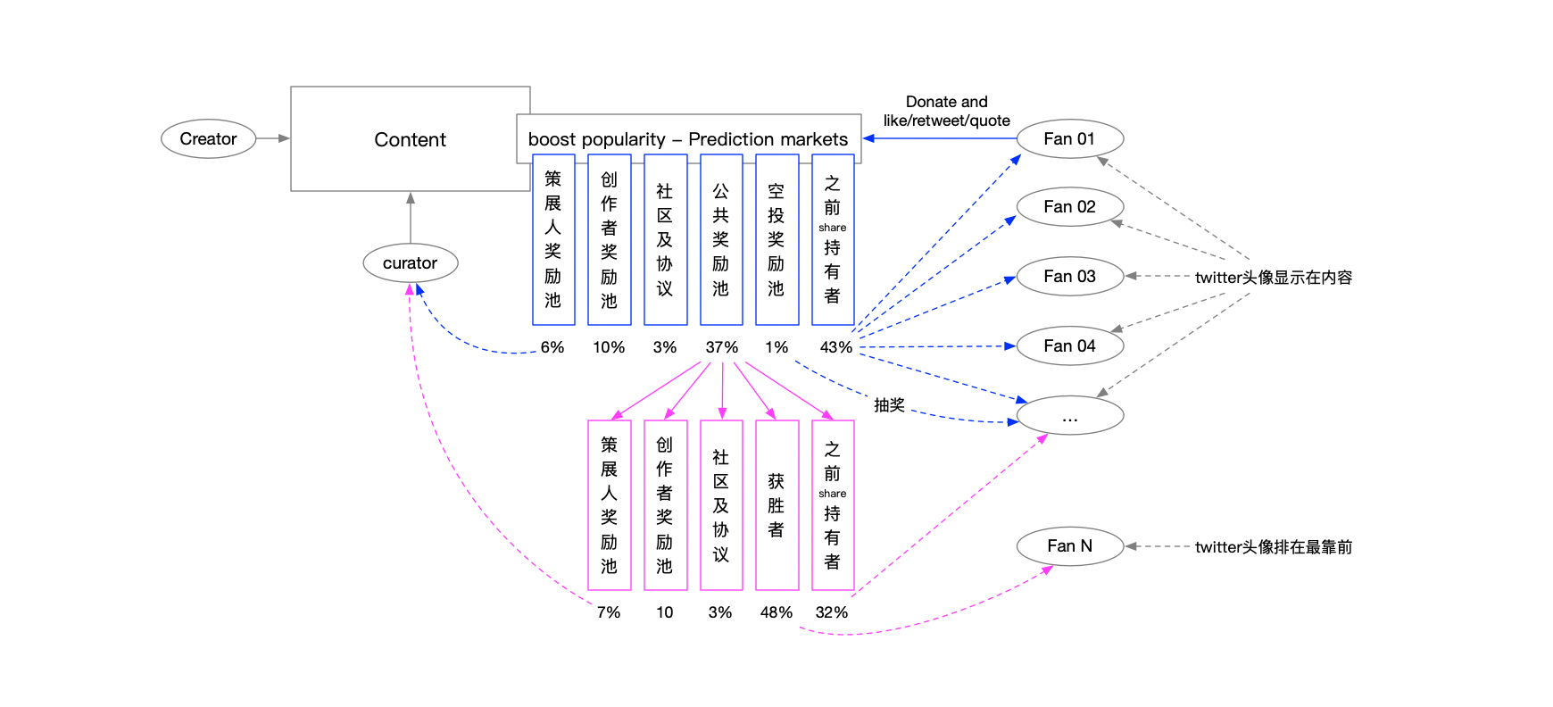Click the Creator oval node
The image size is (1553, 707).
208,138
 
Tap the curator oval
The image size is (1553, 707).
411,262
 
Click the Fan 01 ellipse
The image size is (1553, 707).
1069,138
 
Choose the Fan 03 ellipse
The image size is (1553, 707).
1069,276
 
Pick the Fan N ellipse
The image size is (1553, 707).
1069,545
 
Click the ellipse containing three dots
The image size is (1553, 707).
1069,415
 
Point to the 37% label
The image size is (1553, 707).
721,347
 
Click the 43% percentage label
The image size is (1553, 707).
835,347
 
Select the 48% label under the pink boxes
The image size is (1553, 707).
776,612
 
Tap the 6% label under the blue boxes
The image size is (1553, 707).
552,347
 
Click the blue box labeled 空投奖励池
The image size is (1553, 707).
776,240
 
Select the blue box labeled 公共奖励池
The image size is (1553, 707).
721,240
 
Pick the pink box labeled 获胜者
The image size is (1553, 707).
776,505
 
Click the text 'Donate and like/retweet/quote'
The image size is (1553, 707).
947,112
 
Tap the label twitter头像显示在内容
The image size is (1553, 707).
1274,278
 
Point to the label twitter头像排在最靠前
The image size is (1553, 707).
1274,547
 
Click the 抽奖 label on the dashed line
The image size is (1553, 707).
889,405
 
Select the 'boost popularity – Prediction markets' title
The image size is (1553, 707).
688,139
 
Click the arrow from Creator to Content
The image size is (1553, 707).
273,138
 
